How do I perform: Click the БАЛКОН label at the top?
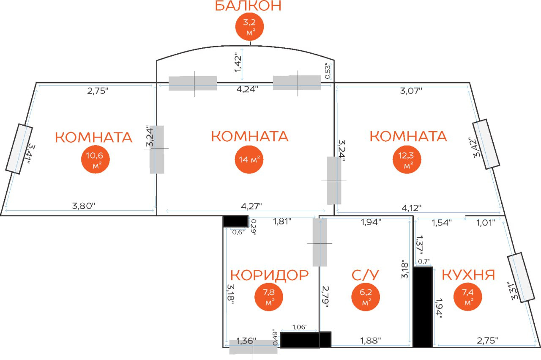[x=248, y=6]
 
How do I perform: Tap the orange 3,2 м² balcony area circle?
[x=249, y=26]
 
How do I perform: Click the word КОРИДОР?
[x=269, y=275]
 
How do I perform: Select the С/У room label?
[x=366, y=275]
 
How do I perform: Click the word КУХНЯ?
[x=468, y=275]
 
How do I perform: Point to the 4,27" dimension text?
[x=251, y=206]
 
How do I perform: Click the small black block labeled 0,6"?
[x=235, y=221]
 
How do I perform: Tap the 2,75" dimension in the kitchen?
[x=487, y=340]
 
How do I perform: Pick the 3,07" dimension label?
[x=411, y=91]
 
